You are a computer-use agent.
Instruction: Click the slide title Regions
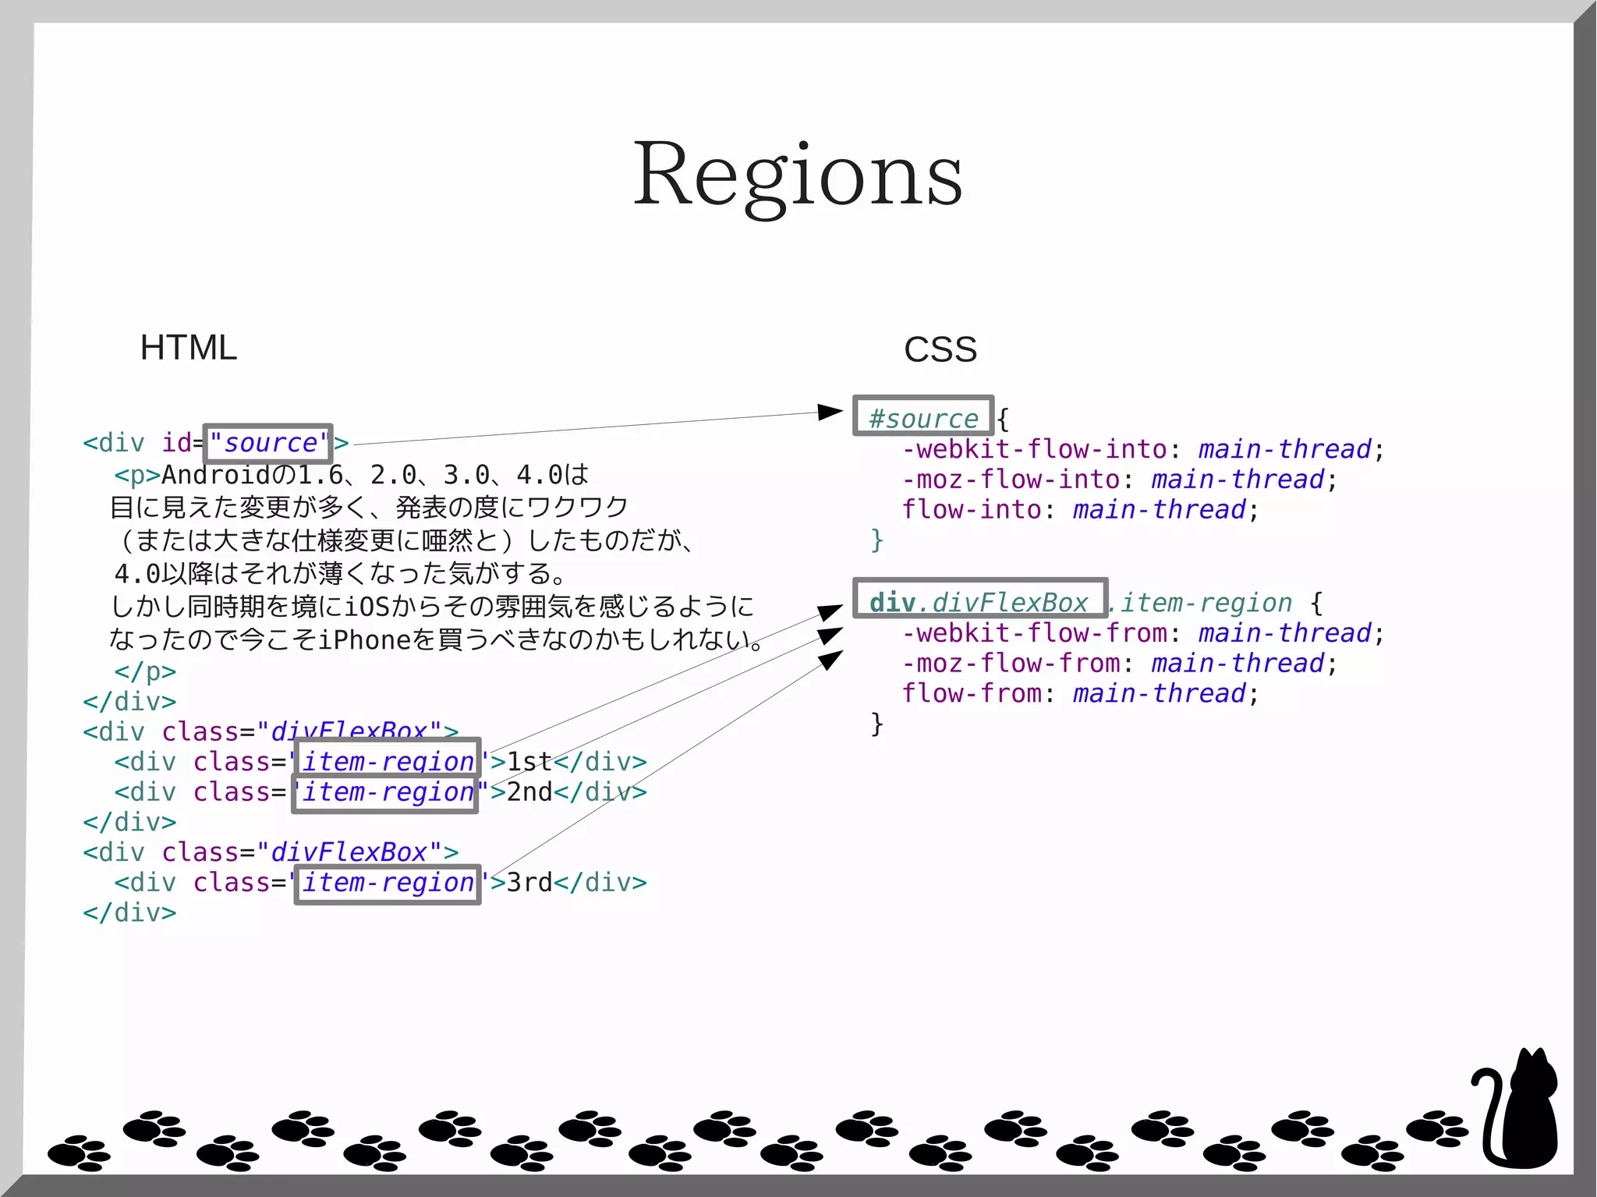[797, 175]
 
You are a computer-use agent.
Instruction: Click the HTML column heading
[188, 348]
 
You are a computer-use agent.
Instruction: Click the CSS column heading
[940, 349]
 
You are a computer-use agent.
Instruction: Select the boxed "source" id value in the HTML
[267, 443]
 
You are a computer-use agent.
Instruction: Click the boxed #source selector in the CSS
[922, 416]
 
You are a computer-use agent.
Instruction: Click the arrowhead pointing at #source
[830, 411]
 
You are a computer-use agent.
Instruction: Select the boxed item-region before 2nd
[385, 793]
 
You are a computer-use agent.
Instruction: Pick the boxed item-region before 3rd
[387, 884]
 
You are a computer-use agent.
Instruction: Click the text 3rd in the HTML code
[529, 883]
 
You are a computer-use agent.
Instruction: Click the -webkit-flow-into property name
[1034, 449]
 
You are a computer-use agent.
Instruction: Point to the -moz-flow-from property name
[1011, 664]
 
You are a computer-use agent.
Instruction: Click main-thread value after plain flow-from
[1159, 693]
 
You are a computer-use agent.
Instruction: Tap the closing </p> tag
[145, 671]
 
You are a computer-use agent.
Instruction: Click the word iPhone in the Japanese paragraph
[364, 640]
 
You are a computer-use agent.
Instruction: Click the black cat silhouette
[1521, 1111]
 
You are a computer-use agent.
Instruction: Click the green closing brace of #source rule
[877, 540]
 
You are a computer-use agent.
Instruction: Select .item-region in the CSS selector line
[1201, 603]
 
